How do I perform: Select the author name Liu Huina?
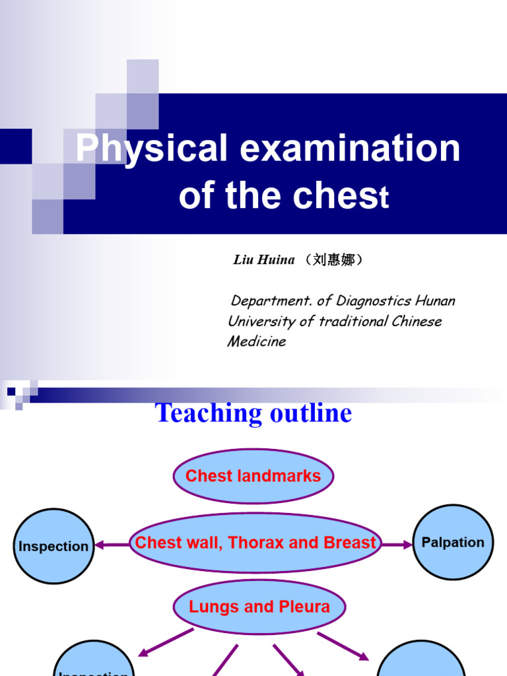click(264, 260)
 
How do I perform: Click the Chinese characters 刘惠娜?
click(333, 260)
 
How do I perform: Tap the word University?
click(260, 321)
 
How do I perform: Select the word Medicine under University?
click(257, 341)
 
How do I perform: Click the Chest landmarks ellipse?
click(253, 476)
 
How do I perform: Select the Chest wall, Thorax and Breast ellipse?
click(255, 543)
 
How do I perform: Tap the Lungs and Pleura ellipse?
click(259, 607)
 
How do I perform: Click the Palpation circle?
click(453, 543)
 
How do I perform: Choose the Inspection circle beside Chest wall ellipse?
click(53, 547)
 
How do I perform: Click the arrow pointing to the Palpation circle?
click(397, 545)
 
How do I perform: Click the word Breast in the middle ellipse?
click(349, 543)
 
